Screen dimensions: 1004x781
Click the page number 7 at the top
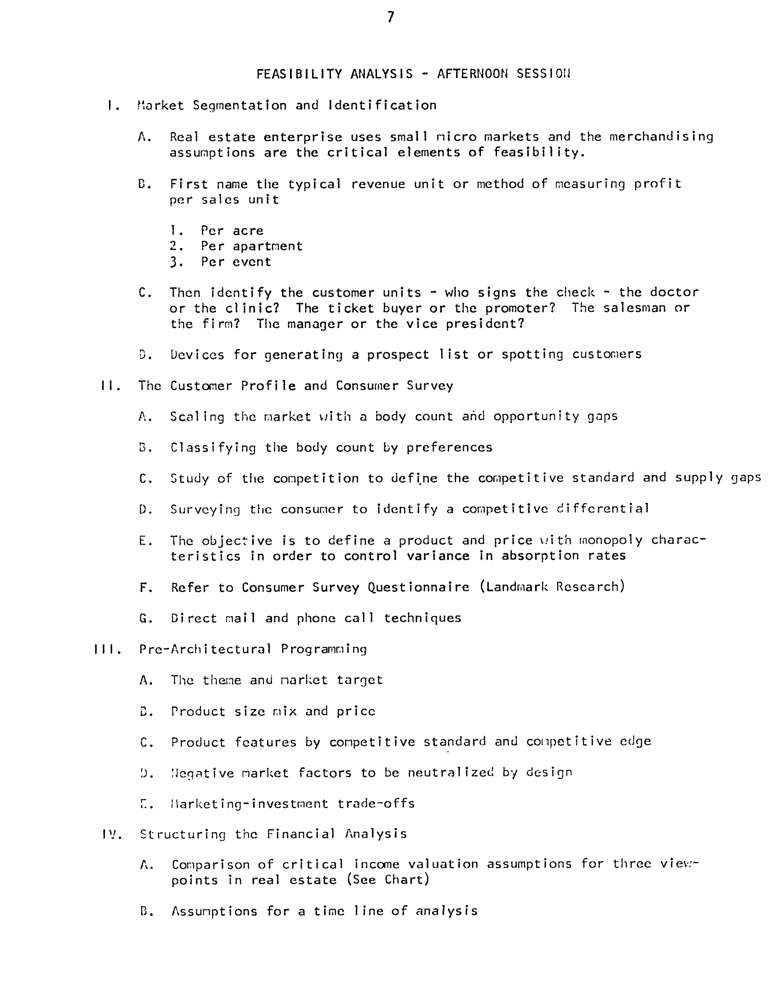(390, 17)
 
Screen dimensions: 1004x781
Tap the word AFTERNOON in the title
(472, 74)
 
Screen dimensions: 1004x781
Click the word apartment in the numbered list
(267, 246)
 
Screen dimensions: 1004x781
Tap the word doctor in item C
(674, 292)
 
